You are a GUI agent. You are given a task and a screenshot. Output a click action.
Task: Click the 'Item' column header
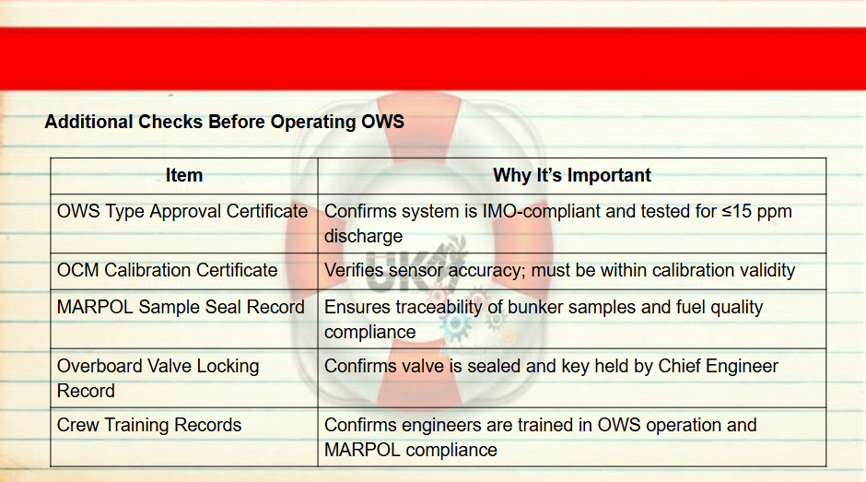click(184, 175)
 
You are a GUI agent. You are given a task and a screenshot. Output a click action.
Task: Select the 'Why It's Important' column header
click(571, 175)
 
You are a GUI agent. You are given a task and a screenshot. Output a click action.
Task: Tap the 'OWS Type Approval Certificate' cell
click(182, 211)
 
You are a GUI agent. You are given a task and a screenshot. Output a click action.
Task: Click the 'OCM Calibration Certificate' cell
click(167, 270)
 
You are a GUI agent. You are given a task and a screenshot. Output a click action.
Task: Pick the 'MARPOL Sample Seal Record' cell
click(181, 307)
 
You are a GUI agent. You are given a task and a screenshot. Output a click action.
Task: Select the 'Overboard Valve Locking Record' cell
click(158, 378)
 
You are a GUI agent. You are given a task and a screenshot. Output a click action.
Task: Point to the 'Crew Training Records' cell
click(149, 425)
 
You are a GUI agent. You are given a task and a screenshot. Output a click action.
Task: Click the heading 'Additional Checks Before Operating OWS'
click(224, 122)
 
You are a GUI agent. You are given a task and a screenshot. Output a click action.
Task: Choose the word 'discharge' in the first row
click(363, 237)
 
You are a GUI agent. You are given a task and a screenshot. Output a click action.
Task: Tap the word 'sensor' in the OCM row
click(415, 271)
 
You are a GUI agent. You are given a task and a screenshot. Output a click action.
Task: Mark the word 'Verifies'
click(354, 270)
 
